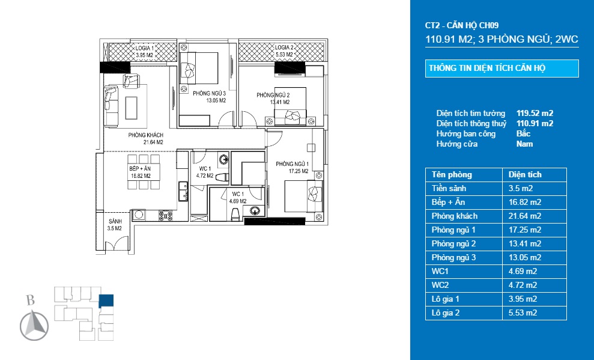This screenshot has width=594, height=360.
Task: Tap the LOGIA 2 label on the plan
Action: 284,50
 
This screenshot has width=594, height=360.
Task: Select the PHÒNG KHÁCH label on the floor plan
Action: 146,139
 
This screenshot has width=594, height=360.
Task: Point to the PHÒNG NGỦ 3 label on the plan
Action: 210,97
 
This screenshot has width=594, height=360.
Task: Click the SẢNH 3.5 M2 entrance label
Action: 115,225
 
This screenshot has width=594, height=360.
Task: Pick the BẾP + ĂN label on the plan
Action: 140,172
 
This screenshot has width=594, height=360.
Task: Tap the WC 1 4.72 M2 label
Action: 205,172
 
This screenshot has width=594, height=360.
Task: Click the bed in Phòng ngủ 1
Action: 303,196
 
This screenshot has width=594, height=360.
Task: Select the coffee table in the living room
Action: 132,108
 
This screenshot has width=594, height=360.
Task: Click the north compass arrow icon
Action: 34,325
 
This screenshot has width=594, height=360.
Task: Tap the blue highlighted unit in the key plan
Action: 106,301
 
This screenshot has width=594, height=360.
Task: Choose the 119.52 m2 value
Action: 535,113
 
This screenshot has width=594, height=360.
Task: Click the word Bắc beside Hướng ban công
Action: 523,133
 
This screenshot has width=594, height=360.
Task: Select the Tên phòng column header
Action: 452,175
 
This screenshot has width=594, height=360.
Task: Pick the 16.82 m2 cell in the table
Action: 525,203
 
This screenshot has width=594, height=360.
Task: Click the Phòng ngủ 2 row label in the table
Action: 453,243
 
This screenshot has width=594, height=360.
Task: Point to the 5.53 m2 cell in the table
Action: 523,313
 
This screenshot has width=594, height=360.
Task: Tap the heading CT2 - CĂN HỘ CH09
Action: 462,25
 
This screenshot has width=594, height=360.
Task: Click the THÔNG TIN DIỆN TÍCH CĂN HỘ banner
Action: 502,69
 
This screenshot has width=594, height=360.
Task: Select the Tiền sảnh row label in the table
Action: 449,188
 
